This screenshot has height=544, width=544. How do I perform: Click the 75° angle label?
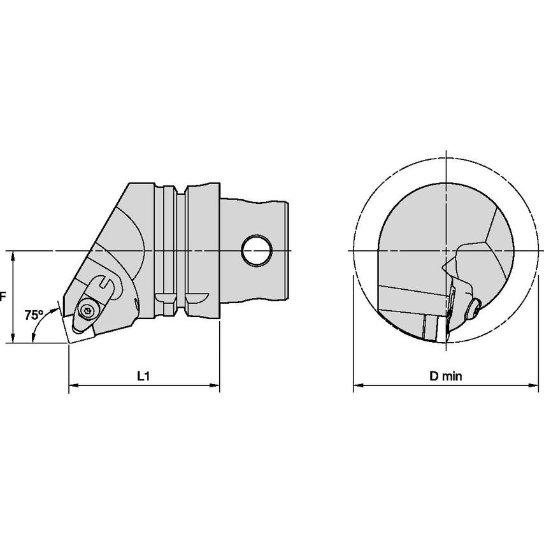click(x=34, y=315)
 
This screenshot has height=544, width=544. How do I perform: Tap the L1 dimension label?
click(x=143, y=376)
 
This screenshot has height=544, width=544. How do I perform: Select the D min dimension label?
click(x=445, y=376)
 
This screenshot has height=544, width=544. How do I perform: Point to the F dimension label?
click(x=3, y=297)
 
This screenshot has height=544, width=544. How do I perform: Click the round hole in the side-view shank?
click(x=256, y=251)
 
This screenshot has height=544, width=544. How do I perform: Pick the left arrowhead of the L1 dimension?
click(x=73, y=385)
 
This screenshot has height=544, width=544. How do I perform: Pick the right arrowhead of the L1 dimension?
click(x=215, y=385)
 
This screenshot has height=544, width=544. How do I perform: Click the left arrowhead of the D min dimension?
click(x=358, y=385)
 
